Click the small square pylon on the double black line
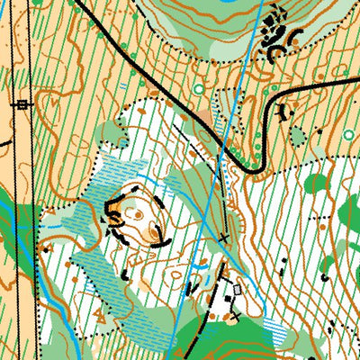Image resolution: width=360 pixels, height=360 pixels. tap(22, 104)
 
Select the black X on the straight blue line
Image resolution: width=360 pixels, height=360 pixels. tap(223, 238)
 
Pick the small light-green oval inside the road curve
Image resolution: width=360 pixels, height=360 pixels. tap(298, 135)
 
